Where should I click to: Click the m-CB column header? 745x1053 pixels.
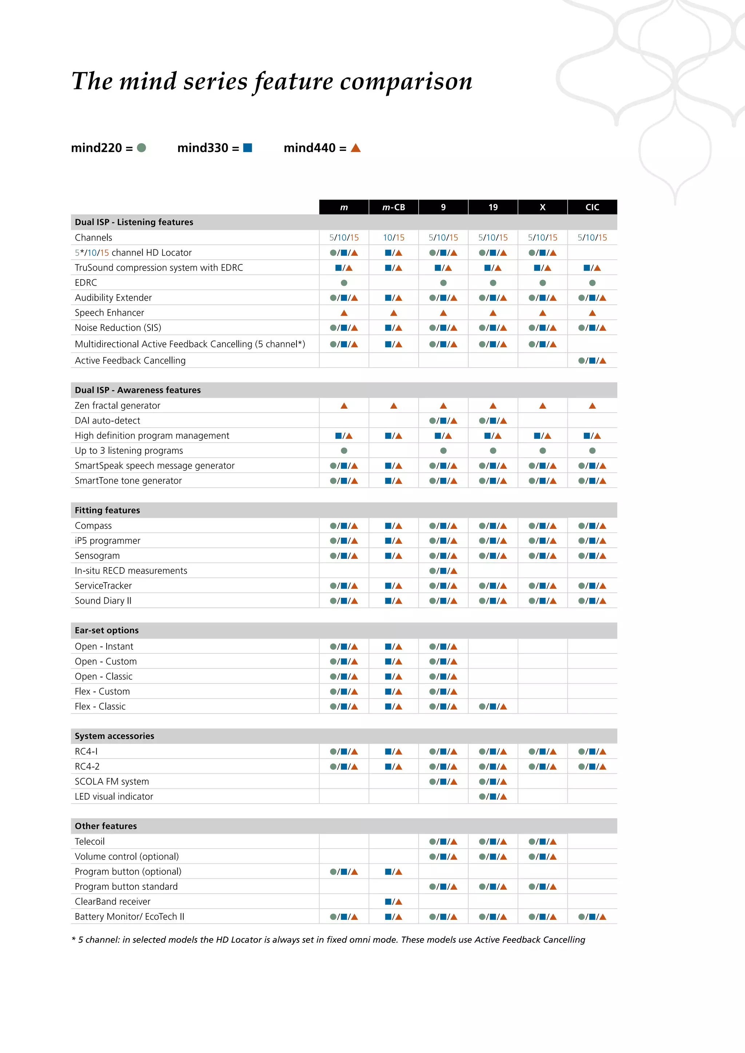point(394,207)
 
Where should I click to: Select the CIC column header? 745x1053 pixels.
point(592,207)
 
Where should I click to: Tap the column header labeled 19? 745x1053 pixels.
point(493,207)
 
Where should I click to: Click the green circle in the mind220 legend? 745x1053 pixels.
point(142,148)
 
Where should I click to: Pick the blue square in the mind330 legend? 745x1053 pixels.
point(248,148)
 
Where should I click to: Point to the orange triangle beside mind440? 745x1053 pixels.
point(355,148)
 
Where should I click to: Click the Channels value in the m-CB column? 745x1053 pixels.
point(394,237)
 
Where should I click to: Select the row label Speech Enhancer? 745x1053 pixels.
point(109,313)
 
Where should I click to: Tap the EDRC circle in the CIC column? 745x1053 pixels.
point(592,283)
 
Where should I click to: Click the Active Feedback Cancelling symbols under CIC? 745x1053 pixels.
point(592,360)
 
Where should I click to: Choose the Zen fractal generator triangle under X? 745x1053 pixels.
point(543,406)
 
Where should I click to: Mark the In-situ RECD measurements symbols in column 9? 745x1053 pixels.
point(443,571)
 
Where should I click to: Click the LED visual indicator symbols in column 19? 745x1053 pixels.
point(493,797)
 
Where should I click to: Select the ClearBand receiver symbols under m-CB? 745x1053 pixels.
point(394,902)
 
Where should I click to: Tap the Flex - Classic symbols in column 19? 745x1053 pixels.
point(493,707)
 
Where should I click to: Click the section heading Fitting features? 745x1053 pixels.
point(107,511)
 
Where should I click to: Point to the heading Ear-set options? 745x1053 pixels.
point(107,630)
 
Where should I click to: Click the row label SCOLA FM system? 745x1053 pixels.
point(112,781)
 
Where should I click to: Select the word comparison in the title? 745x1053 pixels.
point(406,82)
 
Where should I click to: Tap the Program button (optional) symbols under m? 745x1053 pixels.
point(344,872)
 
